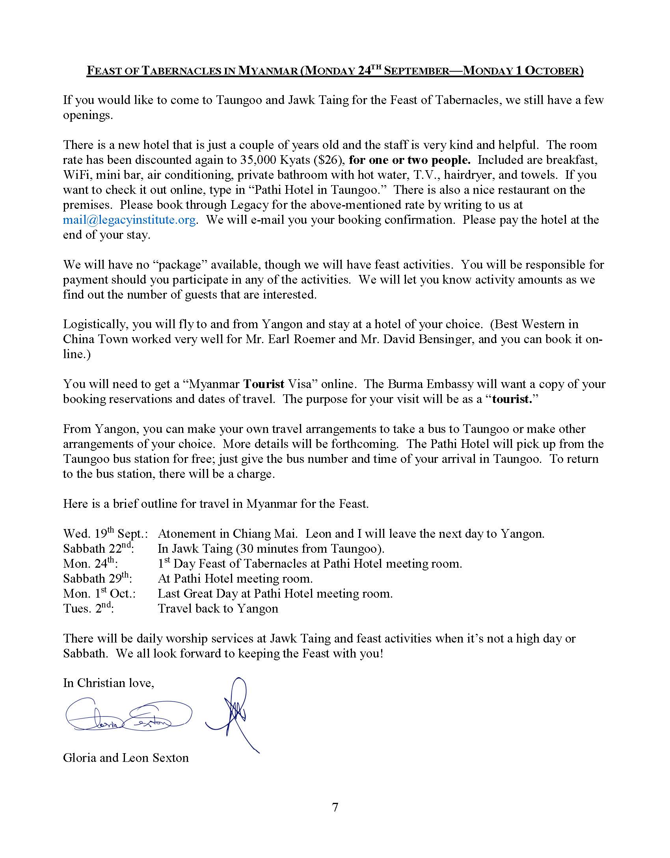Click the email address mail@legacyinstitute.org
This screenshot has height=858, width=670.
coord(129,220)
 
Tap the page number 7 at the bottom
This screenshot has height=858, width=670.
coord(335,807)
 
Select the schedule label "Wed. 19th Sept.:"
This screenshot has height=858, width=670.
coord(105,534)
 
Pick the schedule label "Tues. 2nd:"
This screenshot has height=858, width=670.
coord(88,609)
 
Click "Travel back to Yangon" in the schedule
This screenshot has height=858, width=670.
coord(218,609)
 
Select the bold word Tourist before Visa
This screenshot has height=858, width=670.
coord(264,384)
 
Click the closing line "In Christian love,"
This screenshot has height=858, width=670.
coord(108,683)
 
